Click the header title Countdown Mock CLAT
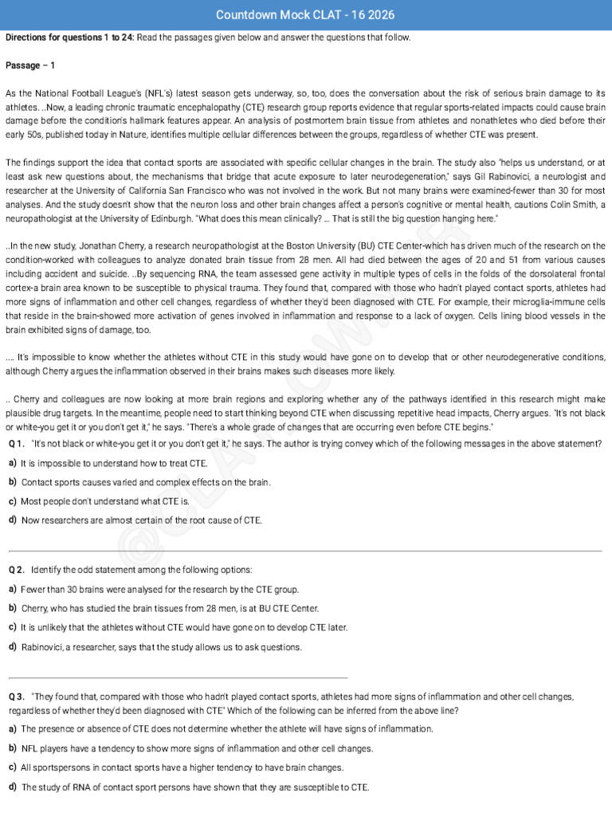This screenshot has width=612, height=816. pyautogui.click(x=305, y=15)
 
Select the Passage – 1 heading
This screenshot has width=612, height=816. pyautogui.click(x=29, y=65)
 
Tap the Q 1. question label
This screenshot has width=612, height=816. pyautogui.click(x=17, y=443)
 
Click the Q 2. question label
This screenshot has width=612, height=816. pyautogui.click(x=17, y=570)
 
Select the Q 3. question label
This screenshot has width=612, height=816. pyautogui.click(x=17, y=696)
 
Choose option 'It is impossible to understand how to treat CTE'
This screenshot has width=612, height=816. pyautogui.click(x=114, y=463)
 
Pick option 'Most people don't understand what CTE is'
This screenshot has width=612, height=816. pyautogui.click(x=105, y=501)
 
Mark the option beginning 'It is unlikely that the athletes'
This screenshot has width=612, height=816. pyautogui.click(x=184, y=627)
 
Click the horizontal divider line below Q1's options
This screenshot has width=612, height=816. pyautogui.click(x=305, y=551)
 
